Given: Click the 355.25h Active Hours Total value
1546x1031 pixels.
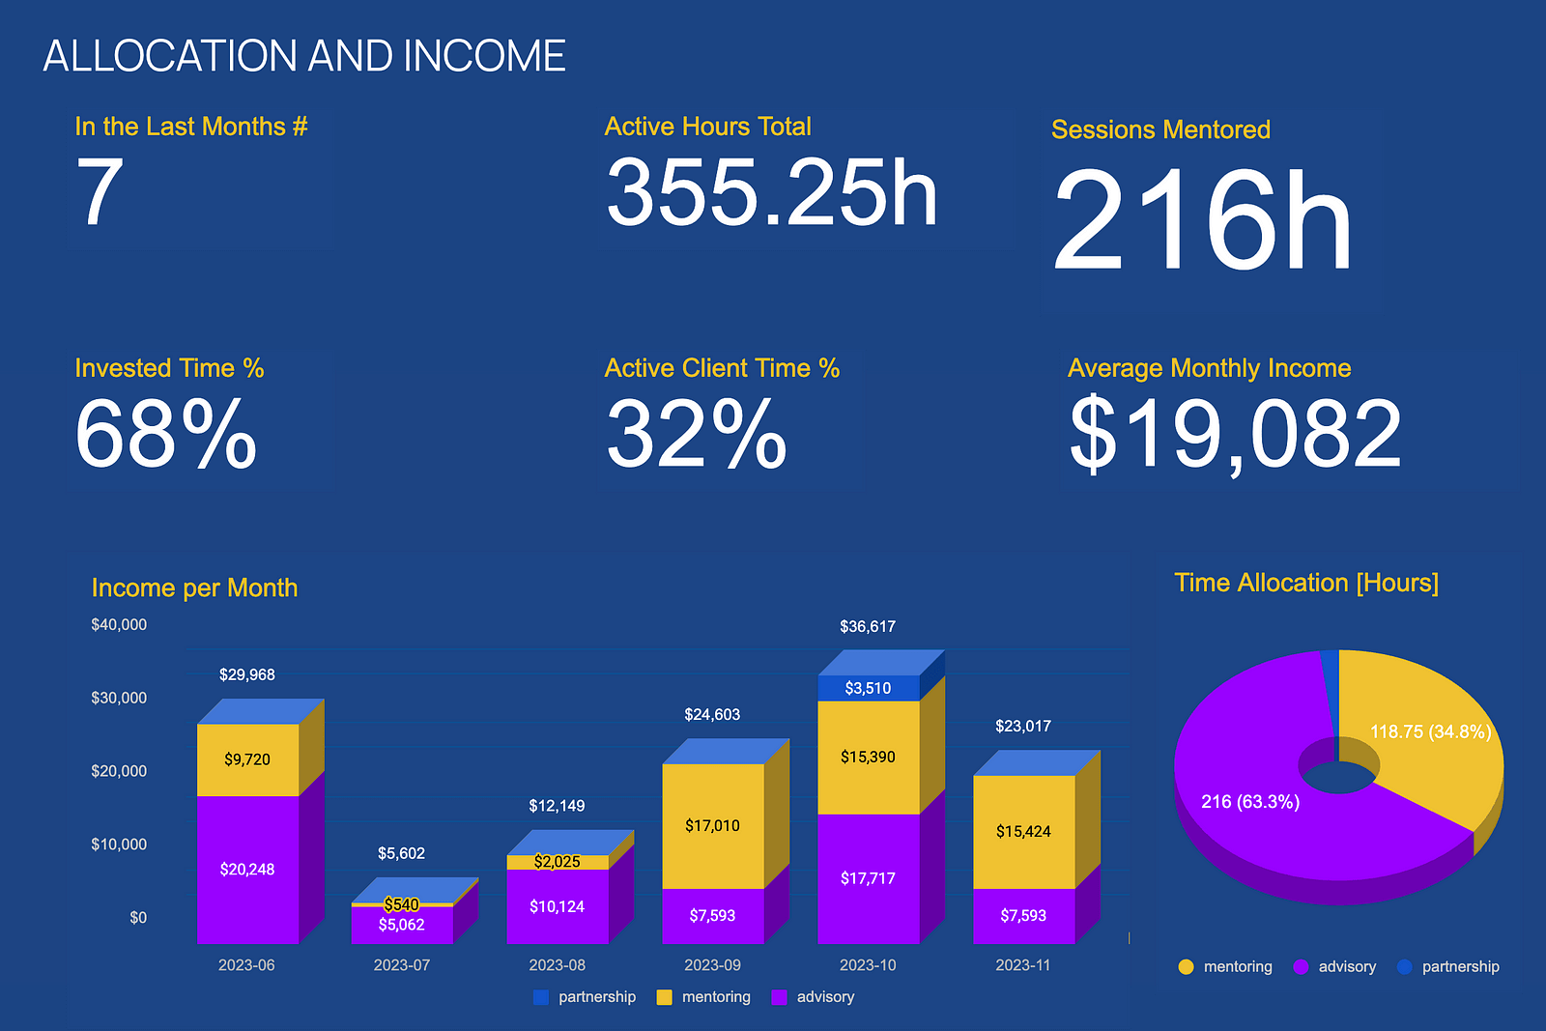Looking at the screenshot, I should tap(771, 193).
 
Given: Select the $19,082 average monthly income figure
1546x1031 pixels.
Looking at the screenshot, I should tap(1235, 435).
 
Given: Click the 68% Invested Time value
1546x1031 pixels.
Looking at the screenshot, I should tap(166, 435).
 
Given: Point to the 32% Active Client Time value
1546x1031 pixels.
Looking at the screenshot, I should tap(697, 435).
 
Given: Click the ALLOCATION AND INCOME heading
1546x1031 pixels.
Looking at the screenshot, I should tap(304, 56).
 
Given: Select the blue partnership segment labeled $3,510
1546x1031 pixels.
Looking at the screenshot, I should tap(868, 688).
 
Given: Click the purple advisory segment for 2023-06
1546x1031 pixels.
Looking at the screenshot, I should tap(247, 870).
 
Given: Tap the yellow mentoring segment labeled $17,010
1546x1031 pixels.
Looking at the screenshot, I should tap(712, 825).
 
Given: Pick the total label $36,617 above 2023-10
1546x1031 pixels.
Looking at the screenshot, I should tap(868, 626).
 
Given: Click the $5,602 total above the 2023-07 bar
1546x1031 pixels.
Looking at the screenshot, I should tap(401, 853).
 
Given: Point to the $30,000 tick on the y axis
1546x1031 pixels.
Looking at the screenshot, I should tap(119, 698).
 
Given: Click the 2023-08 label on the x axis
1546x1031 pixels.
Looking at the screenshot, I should tap(557, 965).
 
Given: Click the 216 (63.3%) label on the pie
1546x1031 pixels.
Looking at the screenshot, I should tap(1250, 802).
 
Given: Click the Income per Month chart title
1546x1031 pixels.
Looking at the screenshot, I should tap(194, 587).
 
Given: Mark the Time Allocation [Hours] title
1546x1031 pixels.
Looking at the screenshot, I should tap(1306, 583).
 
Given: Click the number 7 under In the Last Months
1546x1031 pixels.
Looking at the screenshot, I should tap(100, 193).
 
